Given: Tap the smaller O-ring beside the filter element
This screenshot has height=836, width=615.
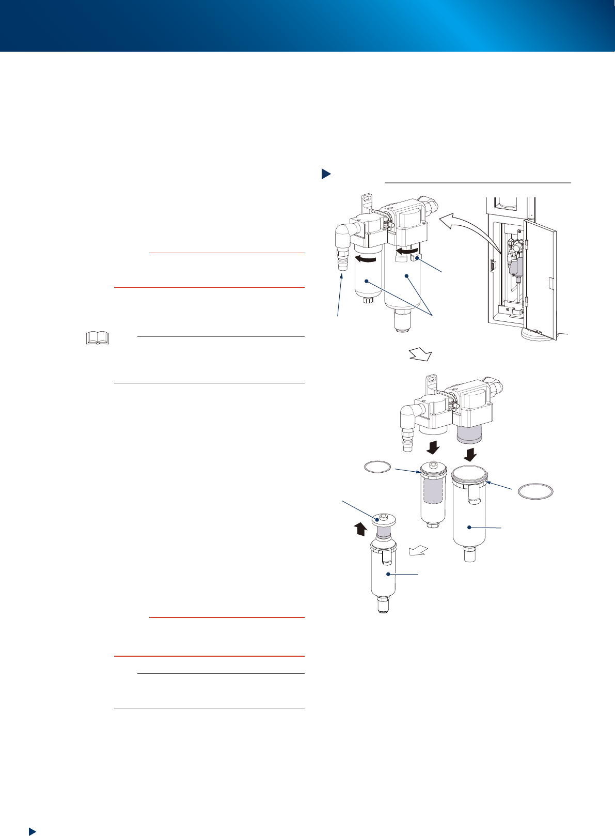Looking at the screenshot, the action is point(377,467).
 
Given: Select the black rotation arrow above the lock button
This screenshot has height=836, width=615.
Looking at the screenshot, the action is point(406,251).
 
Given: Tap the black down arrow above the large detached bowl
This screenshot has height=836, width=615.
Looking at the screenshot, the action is point(469,454).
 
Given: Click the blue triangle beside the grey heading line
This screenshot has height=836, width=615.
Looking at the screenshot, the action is point(326,174).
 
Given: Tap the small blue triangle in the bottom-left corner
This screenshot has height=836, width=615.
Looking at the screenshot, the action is point(32,831).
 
